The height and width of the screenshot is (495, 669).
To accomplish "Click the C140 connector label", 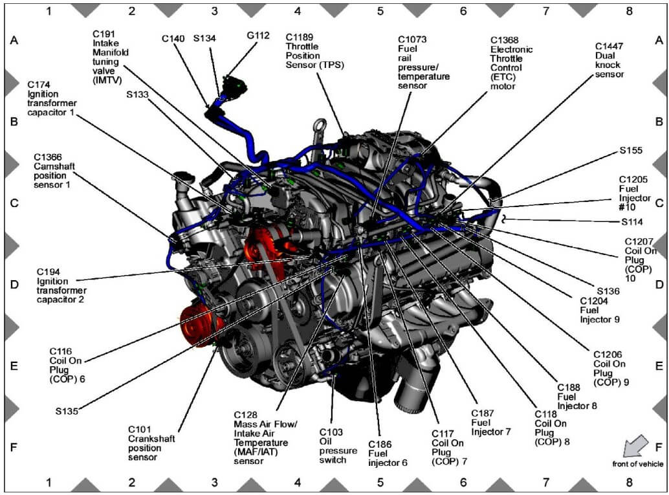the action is click(x=173, y=39).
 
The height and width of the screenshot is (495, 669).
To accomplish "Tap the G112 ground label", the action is click(x=258, y=36).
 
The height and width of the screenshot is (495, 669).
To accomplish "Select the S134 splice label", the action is click(x=204, y=38).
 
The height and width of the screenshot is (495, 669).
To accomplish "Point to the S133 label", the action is click(x=137, y=94).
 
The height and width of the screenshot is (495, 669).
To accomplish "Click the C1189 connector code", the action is click(x=299, y=38).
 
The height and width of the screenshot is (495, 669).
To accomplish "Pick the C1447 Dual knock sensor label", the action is click(x=609, y=60).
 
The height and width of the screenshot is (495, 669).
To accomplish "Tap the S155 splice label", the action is click(x=631, y=150).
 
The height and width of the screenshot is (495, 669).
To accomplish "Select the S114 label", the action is click(x=632, y=222).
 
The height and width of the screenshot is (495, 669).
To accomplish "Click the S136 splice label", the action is click(x=608, y=291).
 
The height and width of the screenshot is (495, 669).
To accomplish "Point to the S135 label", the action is click(x=67, y=411).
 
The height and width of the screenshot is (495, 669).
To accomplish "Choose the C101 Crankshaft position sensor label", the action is click(x=151, y=443).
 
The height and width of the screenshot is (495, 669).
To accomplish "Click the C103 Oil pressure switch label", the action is click(x=338, y=446).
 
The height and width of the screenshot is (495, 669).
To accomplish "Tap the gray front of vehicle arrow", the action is click(x=635, y=446).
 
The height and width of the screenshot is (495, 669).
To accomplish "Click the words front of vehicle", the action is click(x=638, y=464).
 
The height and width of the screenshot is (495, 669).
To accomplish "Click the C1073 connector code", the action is click(x=412, y=39).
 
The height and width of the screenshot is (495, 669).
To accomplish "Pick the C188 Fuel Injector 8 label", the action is click(x=577, y=397).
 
